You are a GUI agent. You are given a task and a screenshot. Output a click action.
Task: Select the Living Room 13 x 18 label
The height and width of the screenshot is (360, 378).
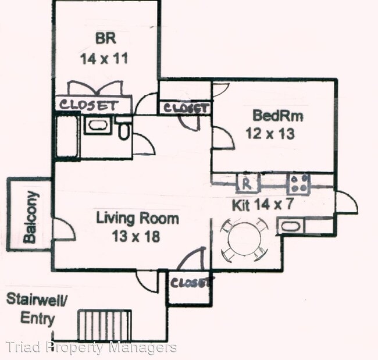click(x=137, y=227)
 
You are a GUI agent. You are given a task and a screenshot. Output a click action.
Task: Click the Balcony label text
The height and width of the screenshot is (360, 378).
click(x=30, y=216)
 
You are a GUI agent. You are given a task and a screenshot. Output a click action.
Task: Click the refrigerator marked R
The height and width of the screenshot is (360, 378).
click(x=247, y=183)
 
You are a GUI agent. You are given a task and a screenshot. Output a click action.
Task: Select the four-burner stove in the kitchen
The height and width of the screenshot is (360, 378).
click(x=299, y=184)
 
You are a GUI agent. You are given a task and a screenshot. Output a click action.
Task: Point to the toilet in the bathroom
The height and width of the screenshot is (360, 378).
click(x=123, y=131)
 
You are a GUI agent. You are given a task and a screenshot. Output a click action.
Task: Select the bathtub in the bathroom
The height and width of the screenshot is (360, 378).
click(x=66, y=136)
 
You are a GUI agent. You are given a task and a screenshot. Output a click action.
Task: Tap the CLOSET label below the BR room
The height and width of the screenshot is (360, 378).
click(x=89, y=105)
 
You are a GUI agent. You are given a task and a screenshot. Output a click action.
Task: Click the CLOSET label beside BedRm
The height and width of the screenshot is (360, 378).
click(x=184, y=108)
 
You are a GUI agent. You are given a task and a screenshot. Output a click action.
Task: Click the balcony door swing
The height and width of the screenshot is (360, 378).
click(x=64, y=229)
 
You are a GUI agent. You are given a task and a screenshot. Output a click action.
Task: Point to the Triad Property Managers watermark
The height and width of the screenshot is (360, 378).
click(x=91, y=347)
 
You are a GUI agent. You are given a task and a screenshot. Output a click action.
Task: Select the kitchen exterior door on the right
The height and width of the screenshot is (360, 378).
click(x=347, y=201)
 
